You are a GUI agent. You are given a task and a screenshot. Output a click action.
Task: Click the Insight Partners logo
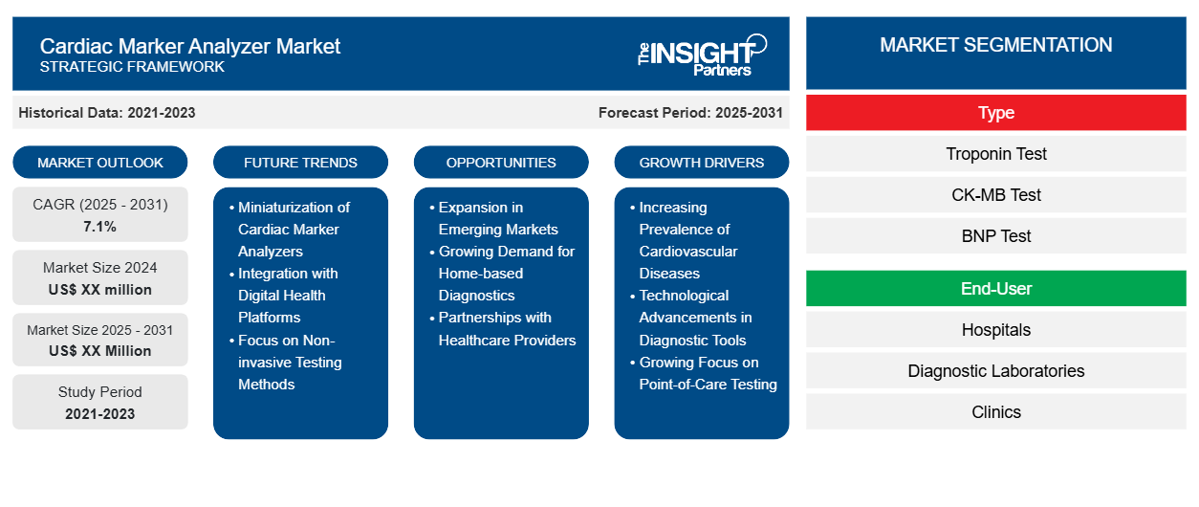pos(702,54)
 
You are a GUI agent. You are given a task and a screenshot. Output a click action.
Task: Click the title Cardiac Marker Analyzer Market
pos(189,45)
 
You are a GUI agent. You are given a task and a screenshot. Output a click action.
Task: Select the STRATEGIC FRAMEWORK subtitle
pos(132,67)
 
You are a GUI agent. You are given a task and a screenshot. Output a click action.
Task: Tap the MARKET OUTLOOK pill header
pos(100,163)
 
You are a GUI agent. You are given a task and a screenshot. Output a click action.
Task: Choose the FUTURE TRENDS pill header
pos(300,163)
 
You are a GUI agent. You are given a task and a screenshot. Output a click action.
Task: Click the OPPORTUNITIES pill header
pos(501,163)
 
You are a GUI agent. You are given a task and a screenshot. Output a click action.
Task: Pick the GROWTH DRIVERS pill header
pos(702,163)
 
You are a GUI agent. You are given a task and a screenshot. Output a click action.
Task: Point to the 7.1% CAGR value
pos(100,227)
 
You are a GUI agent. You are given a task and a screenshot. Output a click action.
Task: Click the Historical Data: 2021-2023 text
pos(107,113)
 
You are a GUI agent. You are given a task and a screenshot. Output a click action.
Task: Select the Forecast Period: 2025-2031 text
pos(690,113)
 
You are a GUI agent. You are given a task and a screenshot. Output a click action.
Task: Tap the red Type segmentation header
pos(995,113)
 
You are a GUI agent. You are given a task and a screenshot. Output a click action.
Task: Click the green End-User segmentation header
pos(995,289)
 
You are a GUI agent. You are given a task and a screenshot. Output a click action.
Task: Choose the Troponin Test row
pos(995,154)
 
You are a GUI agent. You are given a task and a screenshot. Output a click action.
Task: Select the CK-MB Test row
pos(995,195)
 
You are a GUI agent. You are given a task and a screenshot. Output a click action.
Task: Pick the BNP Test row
pos(995,236)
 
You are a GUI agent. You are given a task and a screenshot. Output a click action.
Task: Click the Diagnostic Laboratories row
pos(995,371)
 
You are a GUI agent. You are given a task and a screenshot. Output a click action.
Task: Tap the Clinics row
pos(995,412)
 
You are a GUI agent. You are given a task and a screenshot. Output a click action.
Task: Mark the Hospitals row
pos(995,330)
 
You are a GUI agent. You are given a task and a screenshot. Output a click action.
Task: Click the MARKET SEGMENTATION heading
pos(995,45)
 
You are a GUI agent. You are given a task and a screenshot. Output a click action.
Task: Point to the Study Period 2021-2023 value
pos(100,414)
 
